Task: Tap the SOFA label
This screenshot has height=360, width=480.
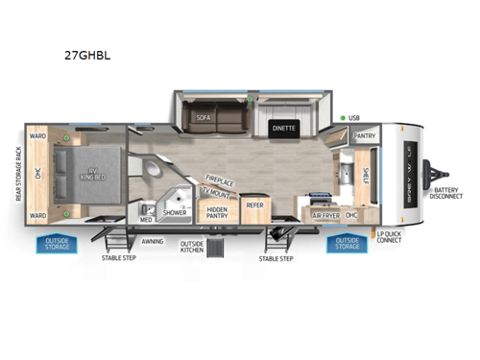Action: click(x=203, y=118)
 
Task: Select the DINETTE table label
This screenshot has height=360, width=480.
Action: click(x=283, y=128)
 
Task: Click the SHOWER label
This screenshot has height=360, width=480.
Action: click(x=175, y=213)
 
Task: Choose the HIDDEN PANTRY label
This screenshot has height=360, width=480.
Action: click(x=218, y=211)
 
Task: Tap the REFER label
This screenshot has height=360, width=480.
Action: click(x=254, y=204)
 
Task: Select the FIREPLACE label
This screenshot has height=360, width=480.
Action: click(x=220, y=180)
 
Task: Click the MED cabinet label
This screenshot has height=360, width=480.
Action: click(x=146, y=220)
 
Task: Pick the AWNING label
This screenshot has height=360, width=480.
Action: click(x=152, y=242)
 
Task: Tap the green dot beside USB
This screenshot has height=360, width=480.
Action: click(x=343, y=118)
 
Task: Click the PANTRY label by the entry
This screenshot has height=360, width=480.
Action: click(x=365, y=136)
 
